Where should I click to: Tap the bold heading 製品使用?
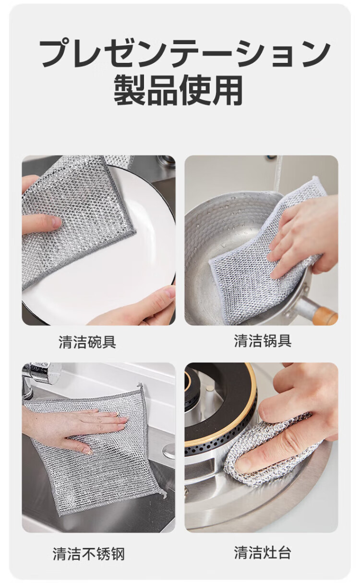pyautogui.click(x=179, y=90)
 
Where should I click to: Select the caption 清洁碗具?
pyautogui.click(x=87, y=342)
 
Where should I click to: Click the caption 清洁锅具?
pyautogui.click(x=263, y=341)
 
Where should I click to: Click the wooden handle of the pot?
pyautogui.click(x=326, y=315)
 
